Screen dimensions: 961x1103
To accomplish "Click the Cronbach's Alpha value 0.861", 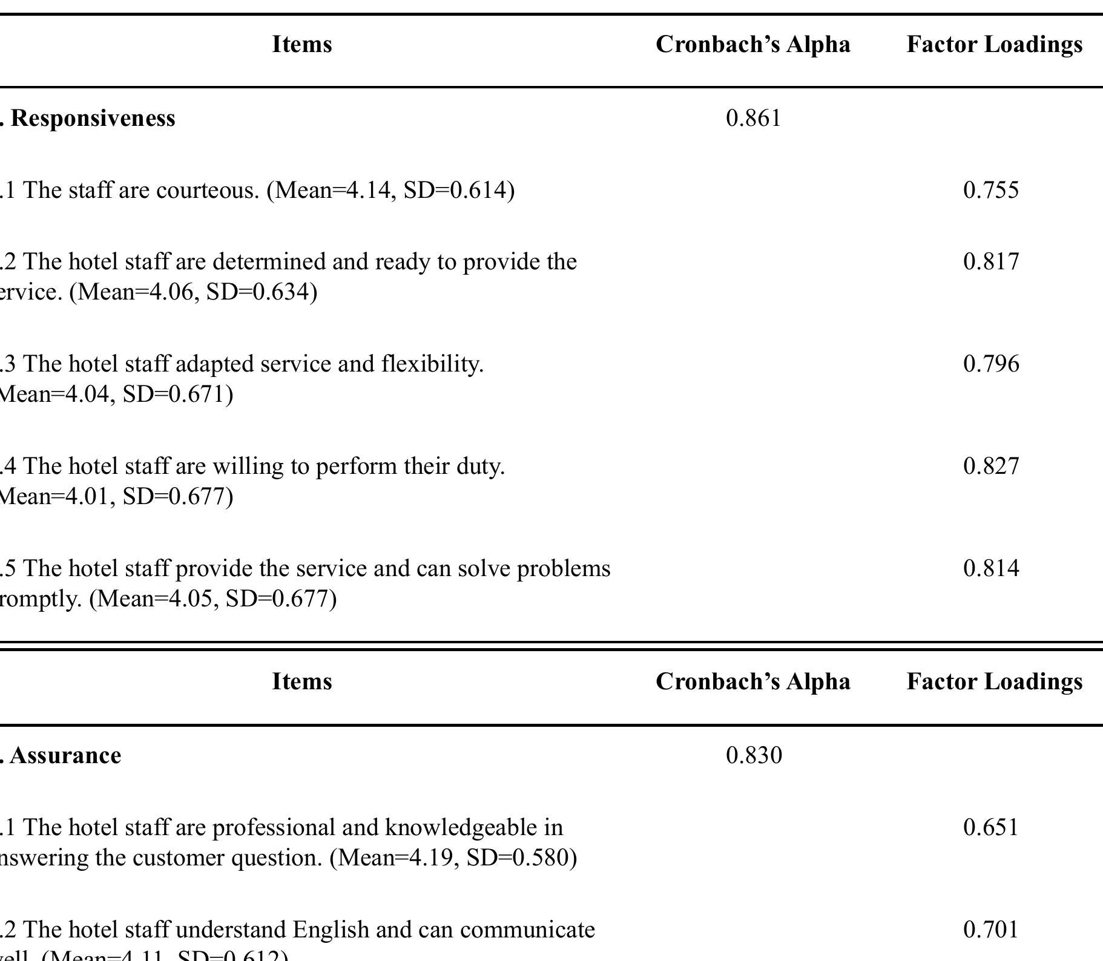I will [x=753, y=118].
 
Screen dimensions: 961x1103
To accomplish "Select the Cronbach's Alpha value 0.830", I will [x=754, y=755].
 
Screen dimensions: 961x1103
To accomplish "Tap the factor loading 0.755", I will [x=991, y=190].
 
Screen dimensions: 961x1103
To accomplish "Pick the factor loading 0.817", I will [x=991, y=261].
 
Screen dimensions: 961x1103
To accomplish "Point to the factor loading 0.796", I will [x=991, y=364].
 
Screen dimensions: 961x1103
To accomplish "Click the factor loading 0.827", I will [x=991, y=466].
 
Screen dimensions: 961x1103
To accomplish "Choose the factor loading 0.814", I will [x=991, y=568].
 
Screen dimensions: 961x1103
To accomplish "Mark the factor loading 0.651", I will [x=991, y=827].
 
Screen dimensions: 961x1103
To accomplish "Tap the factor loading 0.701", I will [x=991, y=930].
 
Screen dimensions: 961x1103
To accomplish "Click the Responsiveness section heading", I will [x=93, y=118].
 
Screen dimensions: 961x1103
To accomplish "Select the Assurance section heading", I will [x=65, y=755].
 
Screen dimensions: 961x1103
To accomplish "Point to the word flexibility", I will [x=432, y=364].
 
